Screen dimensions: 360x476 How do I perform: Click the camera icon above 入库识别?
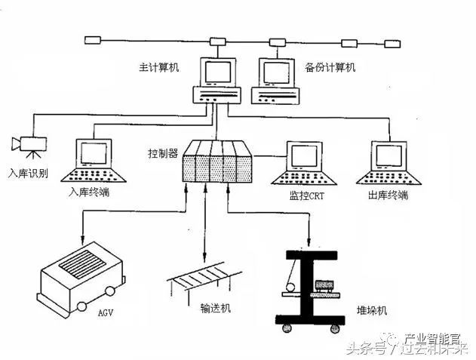[x=29, y=143]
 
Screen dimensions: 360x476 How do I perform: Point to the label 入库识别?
[x=28, y=172]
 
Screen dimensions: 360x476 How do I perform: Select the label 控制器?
[x=162, y=153]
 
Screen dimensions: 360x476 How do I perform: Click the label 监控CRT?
[x=308, y=196]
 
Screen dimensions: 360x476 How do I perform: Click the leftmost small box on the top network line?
[x=93, y=39]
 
